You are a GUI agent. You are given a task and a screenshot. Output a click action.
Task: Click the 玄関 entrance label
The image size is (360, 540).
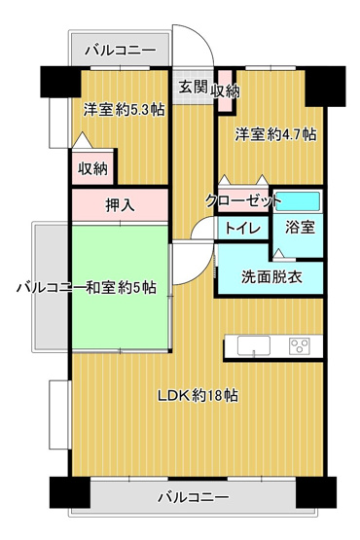(x=192, y=86)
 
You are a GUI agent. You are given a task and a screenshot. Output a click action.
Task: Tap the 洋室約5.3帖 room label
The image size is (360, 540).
(x=123, y=110)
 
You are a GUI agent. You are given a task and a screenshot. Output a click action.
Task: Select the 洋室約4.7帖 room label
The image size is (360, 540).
(x=275, y=135)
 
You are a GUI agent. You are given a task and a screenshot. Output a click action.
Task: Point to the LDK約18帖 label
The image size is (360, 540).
(x=199, y=396)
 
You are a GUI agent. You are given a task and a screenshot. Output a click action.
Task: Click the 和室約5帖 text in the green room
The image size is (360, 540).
(x=128, y=288)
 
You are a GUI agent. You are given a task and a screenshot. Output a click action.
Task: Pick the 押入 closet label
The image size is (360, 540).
(x=121, y=205)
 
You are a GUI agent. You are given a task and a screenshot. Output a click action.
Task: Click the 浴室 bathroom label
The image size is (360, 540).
(x=298, y=228)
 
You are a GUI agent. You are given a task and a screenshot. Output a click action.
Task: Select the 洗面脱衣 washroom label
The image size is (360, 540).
(x=270, y=275)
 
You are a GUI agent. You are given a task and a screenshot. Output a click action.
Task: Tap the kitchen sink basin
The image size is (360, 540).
(x=252, y=345)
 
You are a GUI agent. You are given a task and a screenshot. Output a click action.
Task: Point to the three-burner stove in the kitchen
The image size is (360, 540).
(x=298, y=344)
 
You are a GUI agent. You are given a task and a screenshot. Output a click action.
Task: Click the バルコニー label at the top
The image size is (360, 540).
(x=119, y=48)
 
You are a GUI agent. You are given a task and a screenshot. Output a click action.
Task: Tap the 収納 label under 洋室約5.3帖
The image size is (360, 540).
(x=93, y=167)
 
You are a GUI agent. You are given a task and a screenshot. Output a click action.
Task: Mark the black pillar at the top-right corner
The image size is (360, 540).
(x=327, y=85)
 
